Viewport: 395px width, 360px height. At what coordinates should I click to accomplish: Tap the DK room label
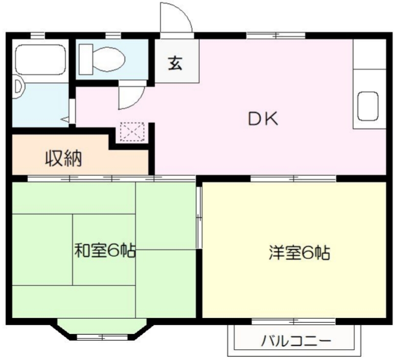pyautogui.click(x=262, y=119)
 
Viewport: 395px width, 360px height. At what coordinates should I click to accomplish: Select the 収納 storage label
pyautogui.click(x=64, y=158)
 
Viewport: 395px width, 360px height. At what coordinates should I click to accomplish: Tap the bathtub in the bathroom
pyautogui.click(x=41, y=60)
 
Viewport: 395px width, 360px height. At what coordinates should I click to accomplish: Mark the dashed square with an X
pyautogui.click(x=133, y=131)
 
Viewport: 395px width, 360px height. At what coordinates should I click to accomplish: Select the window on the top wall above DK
pyautogui.click(x=276, y=35)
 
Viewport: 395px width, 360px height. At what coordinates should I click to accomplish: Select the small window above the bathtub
pyautogui.click(x=37, y=35)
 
